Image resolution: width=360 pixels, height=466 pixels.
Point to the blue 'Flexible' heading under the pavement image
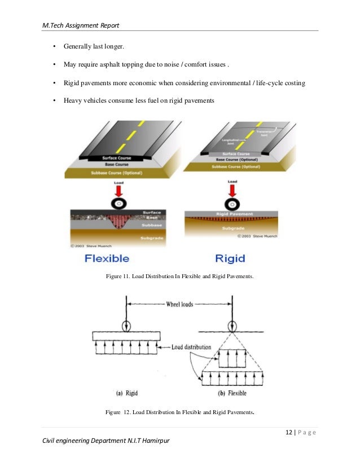(107, 258)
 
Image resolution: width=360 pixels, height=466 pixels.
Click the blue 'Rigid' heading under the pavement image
(230, 258)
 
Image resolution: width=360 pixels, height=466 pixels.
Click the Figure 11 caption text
(180, 276)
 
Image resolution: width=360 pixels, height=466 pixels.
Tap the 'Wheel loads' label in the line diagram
(179, 304)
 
